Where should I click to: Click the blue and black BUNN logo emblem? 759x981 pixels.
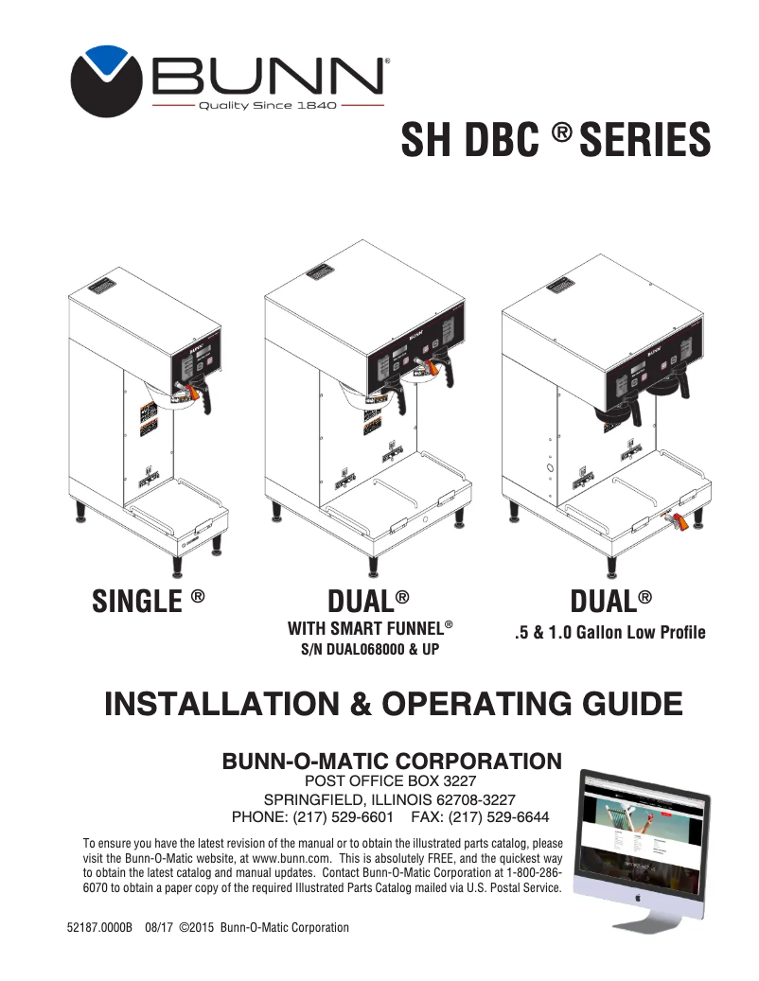[x=103, y=81]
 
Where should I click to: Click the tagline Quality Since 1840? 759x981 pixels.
[x=266, y=105]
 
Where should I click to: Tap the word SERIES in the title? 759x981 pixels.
[x=644, y=141]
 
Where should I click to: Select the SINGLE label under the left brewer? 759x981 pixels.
[x=136, y=602]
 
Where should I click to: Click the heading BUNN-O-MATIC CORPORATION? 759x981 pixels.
[x=391, y=761]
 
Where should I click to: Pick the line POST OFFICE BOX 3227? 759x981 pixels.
[x=391, y=780]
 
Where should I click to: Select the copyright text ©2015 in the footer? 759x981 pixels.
[x=197, y=928]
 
